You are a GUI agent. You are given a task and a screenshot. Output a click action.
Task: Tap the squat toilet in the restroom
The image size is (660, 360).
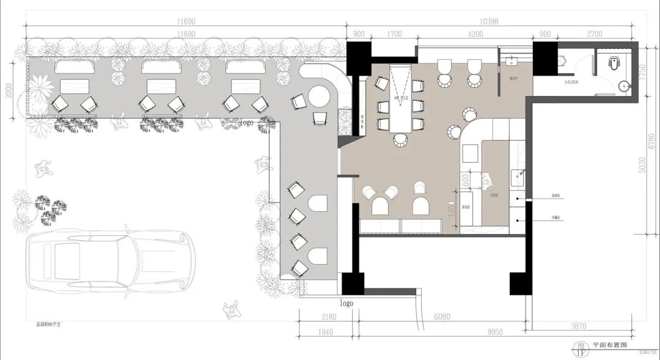615,61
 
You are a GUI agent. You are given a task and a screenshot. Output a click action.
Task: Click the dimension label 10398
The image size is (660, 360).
490,21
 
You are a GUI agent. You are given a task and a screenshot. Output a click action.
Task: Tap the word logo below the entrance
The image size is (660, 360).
346,303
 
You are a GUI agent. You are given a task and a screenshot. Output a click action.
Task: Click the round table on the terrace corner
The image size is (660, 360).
318,97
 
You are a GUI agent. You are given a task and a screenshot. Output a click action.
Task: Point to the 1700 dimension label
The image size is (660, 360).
394,34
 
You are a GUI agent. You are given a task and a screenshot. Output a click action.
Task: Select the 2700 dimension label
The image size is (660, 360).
595,34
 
